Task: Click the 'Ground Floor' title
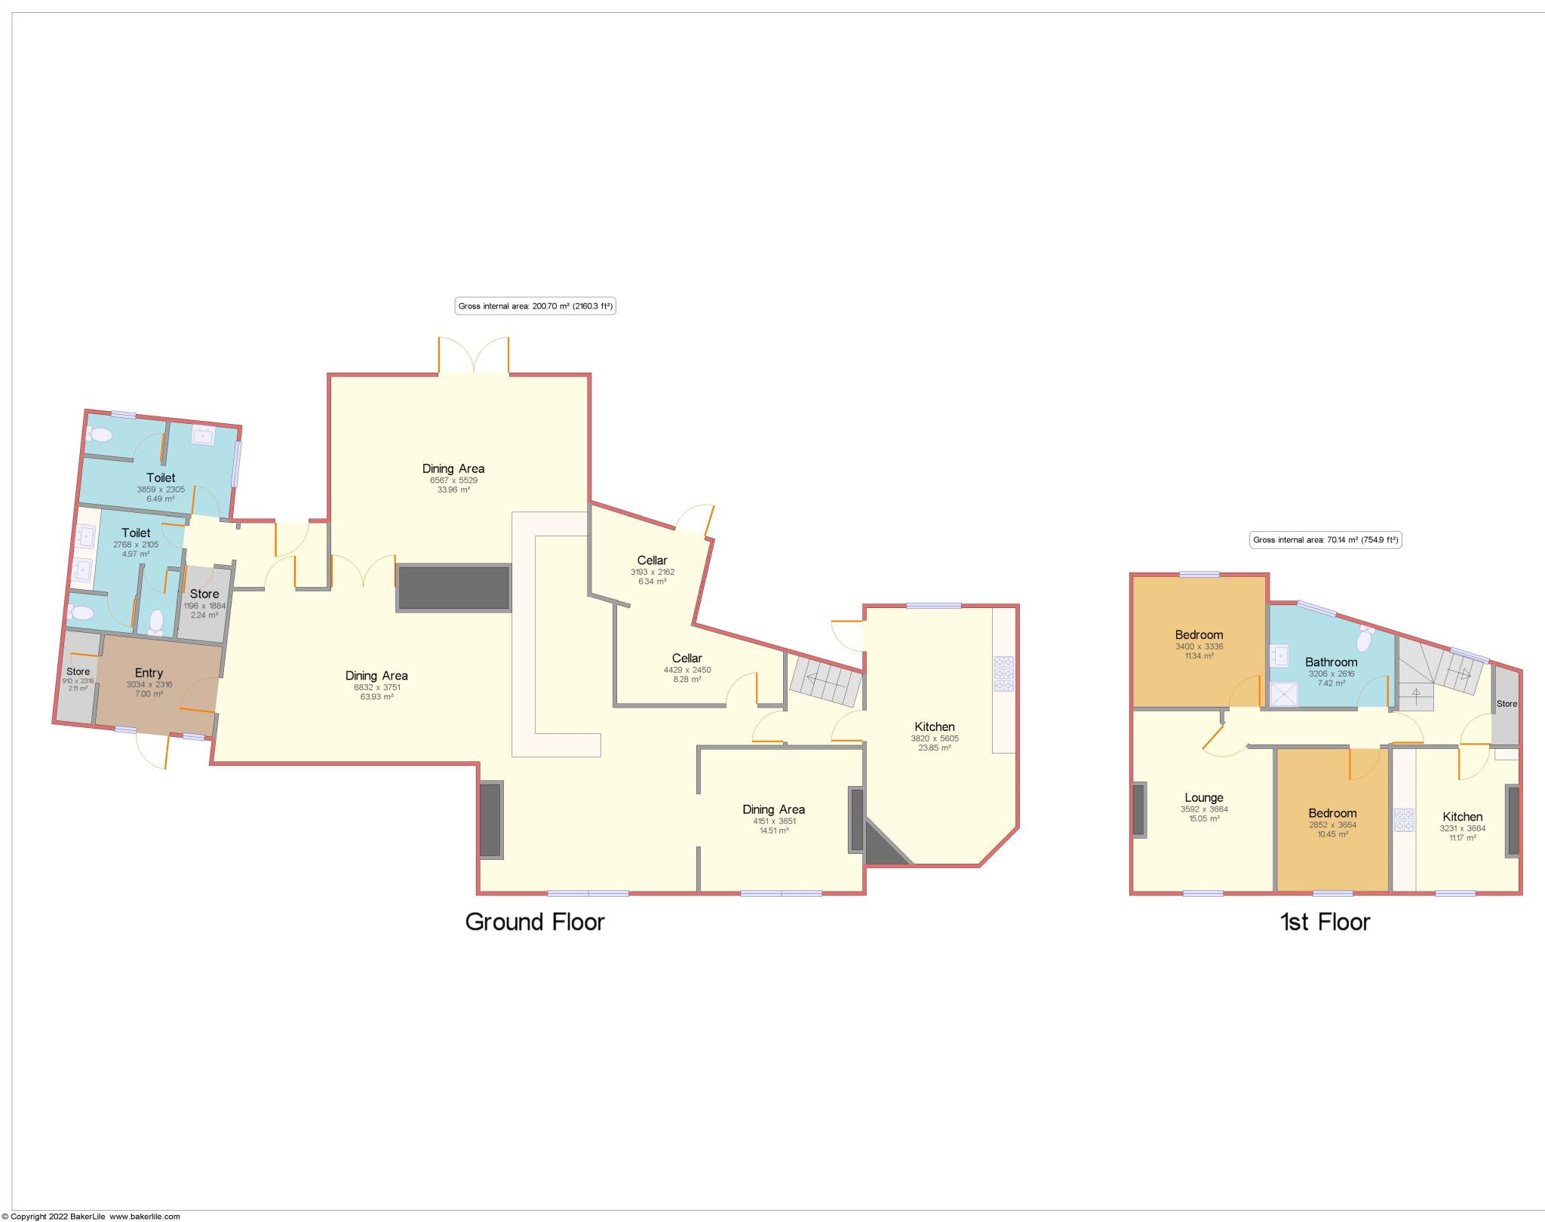coord(535,922)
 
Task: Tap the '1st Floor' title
coord(1325,922)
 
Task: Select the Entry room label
coord(149,673)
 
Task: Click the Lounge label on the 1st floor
coord(1204,797)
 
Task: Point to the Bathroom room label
coord(1331,662)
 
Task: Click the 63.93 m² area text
coord(376,696)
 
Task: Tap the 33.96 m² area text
coord(453,490)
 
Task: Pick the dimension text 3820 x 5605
coord(935,738)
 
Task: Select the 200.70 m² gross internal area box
coord(536,306)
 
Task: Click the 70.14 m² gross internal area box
coord(1325,539)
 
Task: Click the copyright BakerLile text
coord(91,1216)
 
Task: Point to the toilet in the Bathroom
coord(1364,639)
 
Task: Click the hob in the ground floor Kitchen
coord(1004,674)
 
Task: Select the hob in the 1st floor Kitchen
coord(1404,820)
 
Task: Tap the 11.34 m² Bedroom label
coord(1199,634)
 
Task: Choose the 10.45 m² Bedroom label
coord(1332,813)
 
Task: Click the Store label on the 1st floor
coord(1507,704)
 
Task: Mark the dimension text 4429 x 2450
coord(686,670)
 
